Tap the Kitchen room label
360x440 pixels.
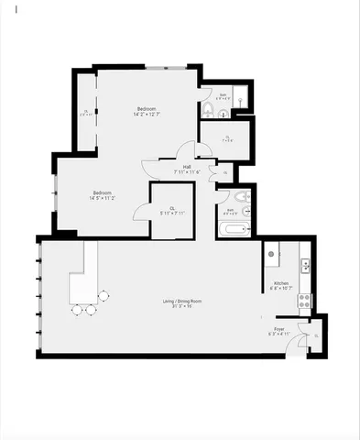[x=280, y=286]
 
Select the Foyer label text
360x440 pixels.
[x=279, y=332]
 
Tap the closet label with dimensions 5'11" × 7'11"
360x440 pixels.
[x=172, y=211]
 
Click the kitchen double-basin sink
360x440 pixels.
[x=305, y=266]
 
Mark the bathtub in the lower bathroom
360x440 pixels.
[x=234, y=229]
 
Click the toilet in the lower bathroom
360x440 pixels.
[x=242, y=199]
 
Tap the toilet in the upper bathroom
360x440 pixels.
[x=209, y=110]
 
